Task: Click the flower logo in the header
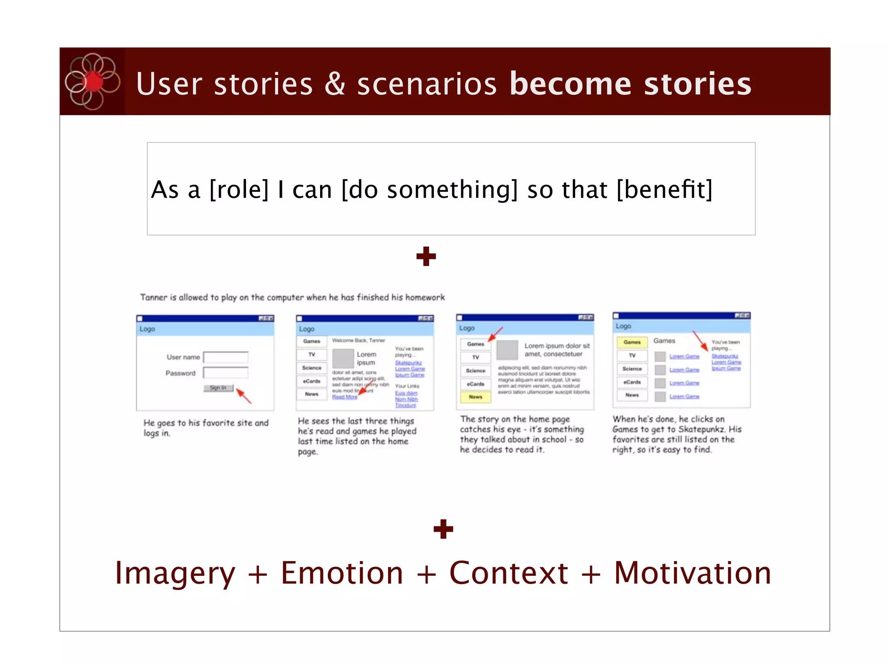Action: click(92, 81)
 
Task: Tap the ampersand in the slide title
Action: click(335, 84)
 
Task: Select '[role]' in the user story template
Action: click(239, 190)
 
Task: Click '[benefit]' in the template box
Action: click(664, 190)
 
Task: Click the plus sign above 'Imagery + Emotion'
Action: click(443, 529)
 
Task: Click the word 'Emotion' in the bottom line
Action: click(342, 573)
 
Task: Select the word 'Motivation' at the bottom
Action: click(693, 573)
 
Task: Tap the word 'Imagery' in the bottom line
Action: click(175, 573)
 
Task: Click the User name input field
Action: click(226, 357)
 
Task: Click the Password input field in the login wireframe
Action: click(226, 373)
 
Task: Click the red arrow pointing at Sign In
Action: click(243, 396)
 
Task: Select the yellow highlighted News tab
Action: click(476, 397)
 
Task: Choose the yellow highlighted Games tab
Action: click(632, 342)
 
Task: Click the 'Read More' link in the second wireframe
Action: click(345, 397)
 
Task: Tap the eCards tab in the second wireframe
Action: click(312, 381)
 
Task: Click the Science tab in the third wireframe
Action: click(476, 371)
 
